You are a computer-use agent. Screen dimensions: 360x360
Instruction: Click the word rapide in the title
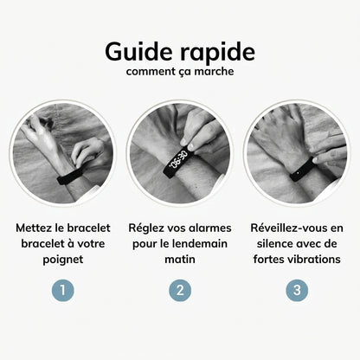pyautogui.click(x=213, y=52)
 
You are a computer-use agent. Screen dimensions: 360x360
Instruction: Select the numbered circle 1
pyautogui.click(x=61, y=290)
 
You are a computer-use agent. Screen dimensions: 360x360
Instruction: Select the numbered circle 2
pyautogui.click(x=179, y=290)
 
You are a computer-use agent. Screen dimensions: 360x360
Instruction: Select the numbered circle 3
pyautogui.click(x=297, y=290)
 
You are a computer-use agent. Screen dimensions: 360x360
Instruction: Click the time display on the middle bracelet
pyautogui.click(x=178, y=160)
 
